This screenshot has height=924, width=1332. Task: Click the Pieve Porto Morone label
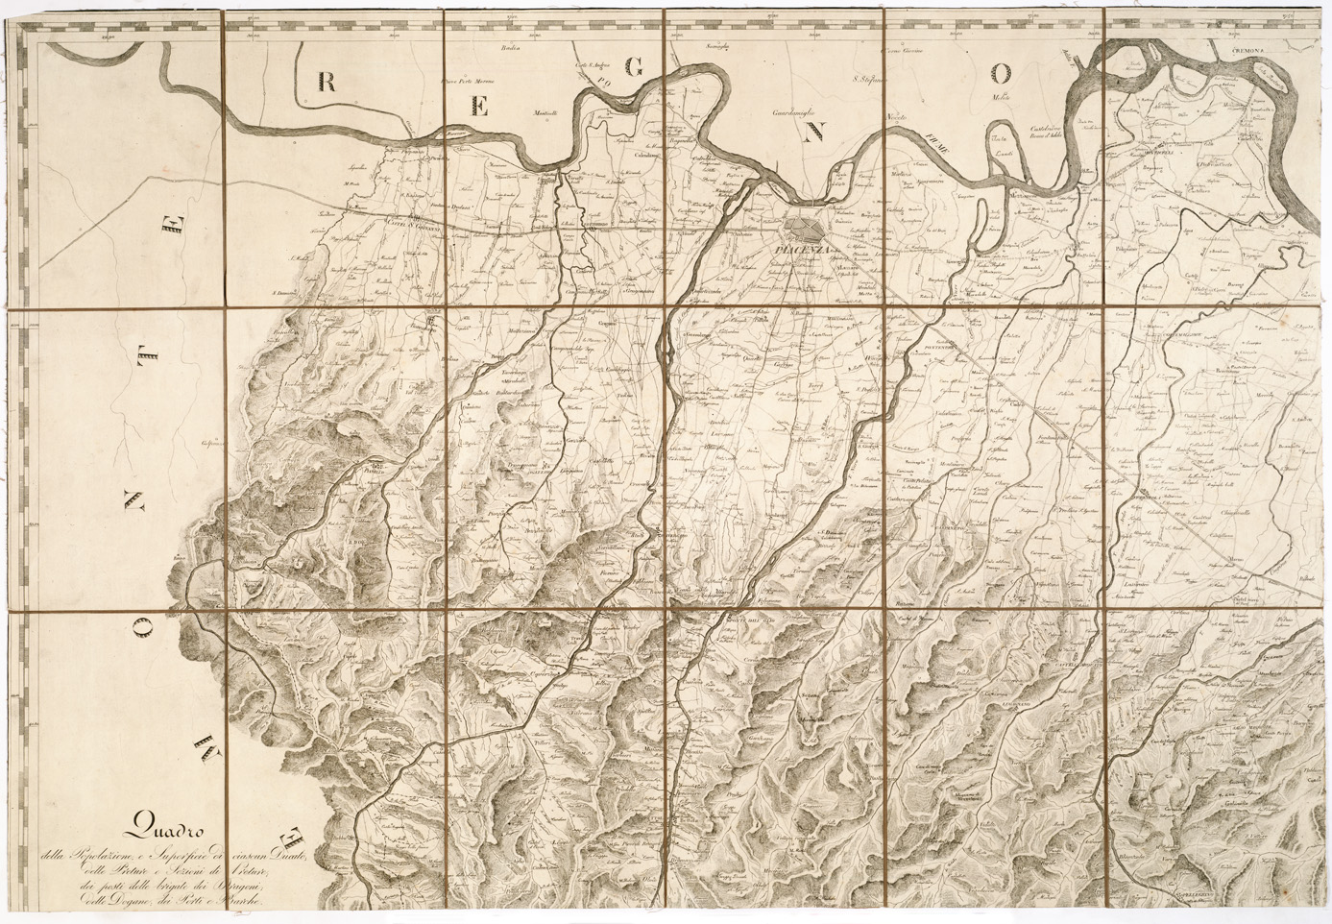tap(466, 82)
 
